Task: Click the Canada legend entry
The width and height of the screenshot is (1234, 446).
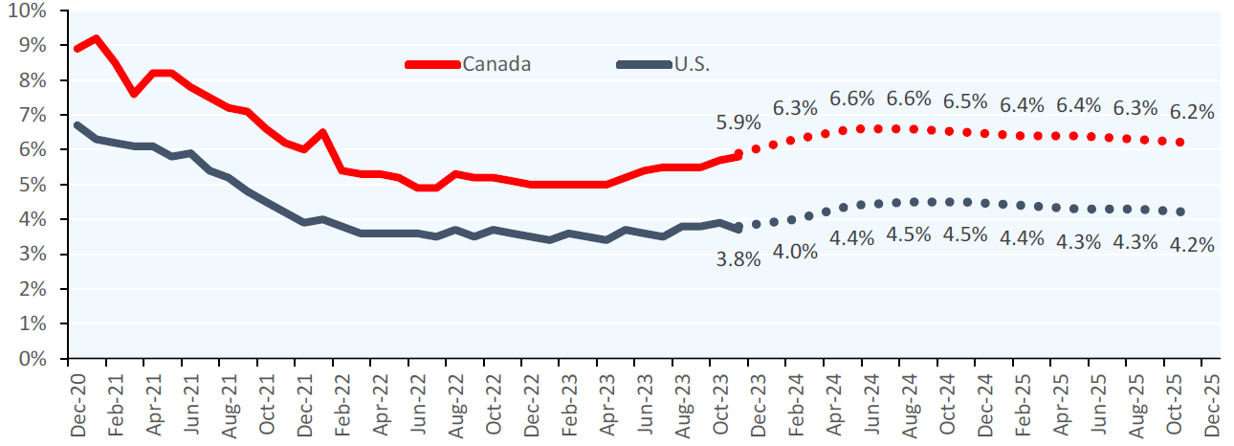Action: pos(496,64)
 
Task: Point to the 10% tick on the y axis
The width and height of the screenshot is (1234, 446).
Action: pos(29,11)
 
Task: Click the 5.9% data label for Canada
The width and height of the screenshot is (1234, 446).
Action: pos(738,123)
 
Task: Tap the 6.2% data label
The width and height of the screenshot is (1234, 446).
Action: pos(1192,111)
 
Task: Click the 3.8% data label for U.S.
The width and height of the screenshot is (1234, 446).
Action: pos(738,259)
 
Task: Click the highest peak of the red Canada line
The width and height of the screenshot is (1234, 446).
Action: pos(96,38)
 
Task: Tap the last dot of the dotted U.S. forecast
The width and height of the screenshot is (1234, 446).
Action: pos(1180,212)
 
